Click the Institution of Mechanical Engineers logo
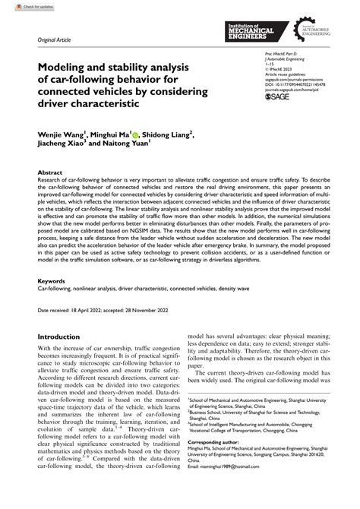[x=258, y=31]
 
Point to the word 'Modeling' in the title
[x=64, y=67]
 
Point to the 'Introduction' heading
[x=64, y=336]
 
